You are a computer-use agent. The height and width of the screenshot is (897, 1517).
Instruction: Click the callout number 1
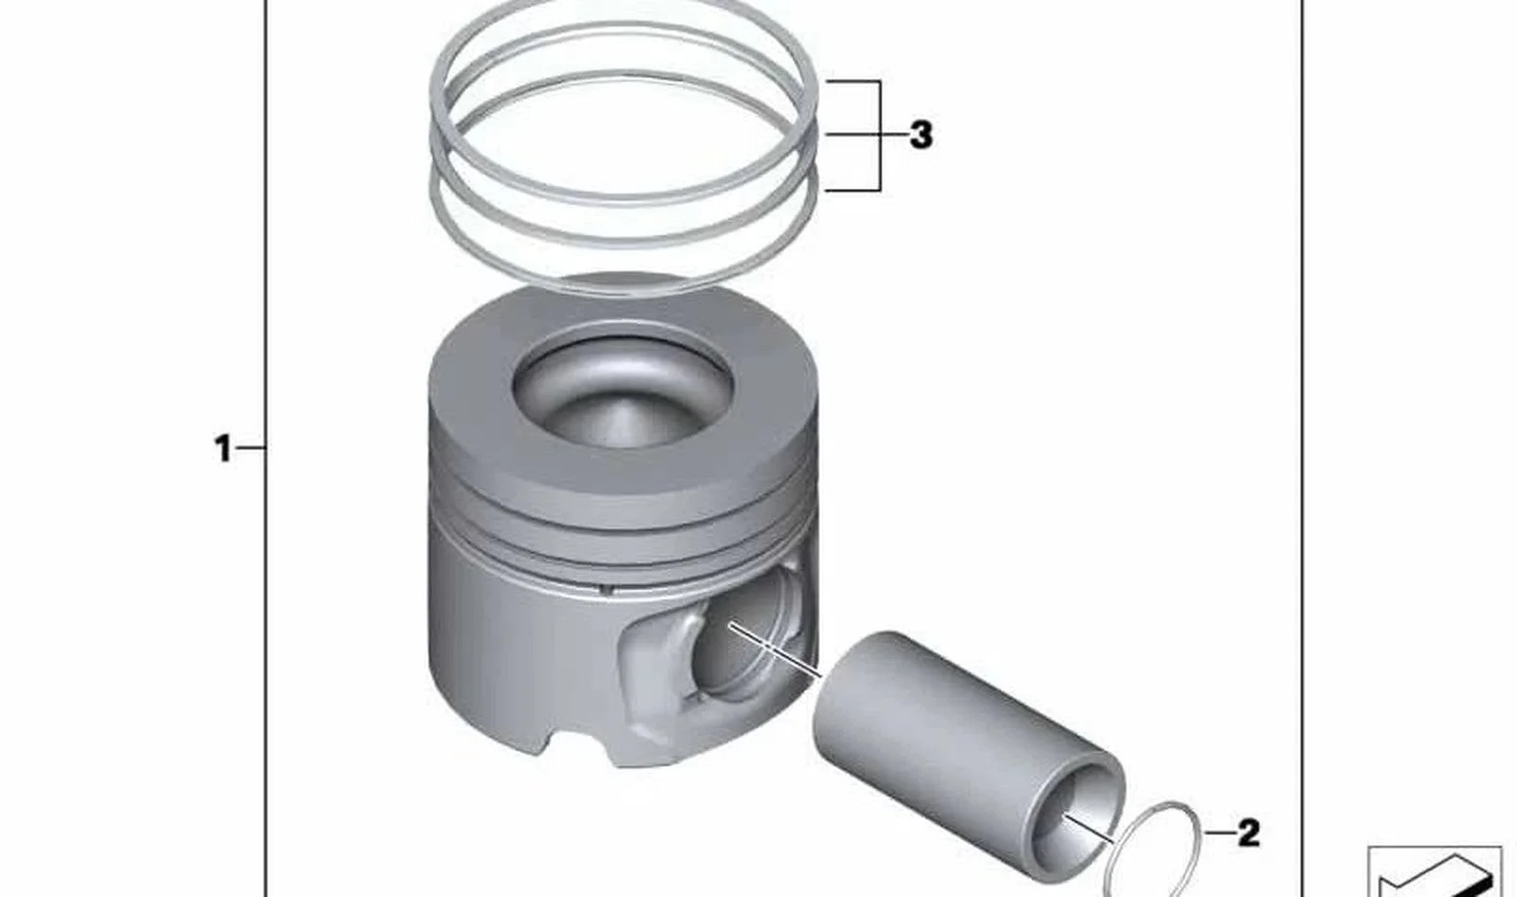223,448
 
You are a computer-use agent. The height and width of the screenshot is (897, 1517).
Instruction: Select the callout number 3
921,135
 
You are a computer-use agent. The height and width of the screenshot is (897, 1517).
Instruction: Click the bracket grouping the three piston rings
880,136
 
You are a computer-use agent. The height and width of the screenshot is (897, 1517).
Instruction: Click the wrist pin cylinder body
948,739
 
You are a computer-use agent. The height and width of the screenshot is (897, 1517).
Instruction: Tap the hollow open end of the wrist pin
1077,823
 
